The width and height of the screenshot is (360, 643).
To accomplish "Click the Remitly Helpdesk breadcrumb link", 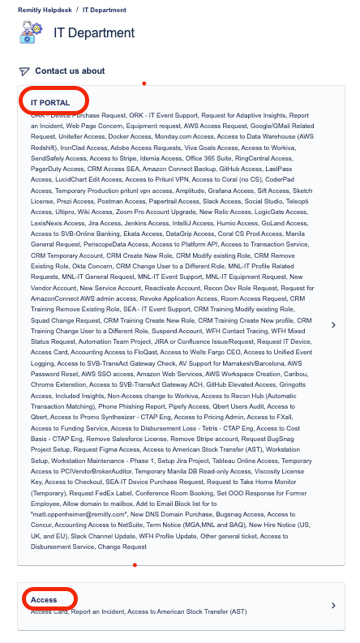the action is [39, 10].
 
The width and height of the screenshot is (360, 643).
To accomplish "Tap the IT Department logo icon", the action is [31, 32].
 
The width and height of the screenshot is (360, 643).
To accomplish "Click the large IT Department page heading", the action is [94, 33].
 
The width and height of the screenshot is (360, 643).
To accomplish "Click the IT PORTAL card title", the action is [50, 103].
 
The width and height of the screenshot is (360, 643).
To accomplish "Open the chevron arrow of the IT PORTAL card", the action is [333, 325].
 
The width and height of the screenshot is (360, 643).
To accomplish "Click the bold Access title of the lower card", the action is [44, 600].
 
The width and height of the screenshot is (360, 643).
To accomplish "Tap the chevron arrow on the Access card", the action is [333, 606].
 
